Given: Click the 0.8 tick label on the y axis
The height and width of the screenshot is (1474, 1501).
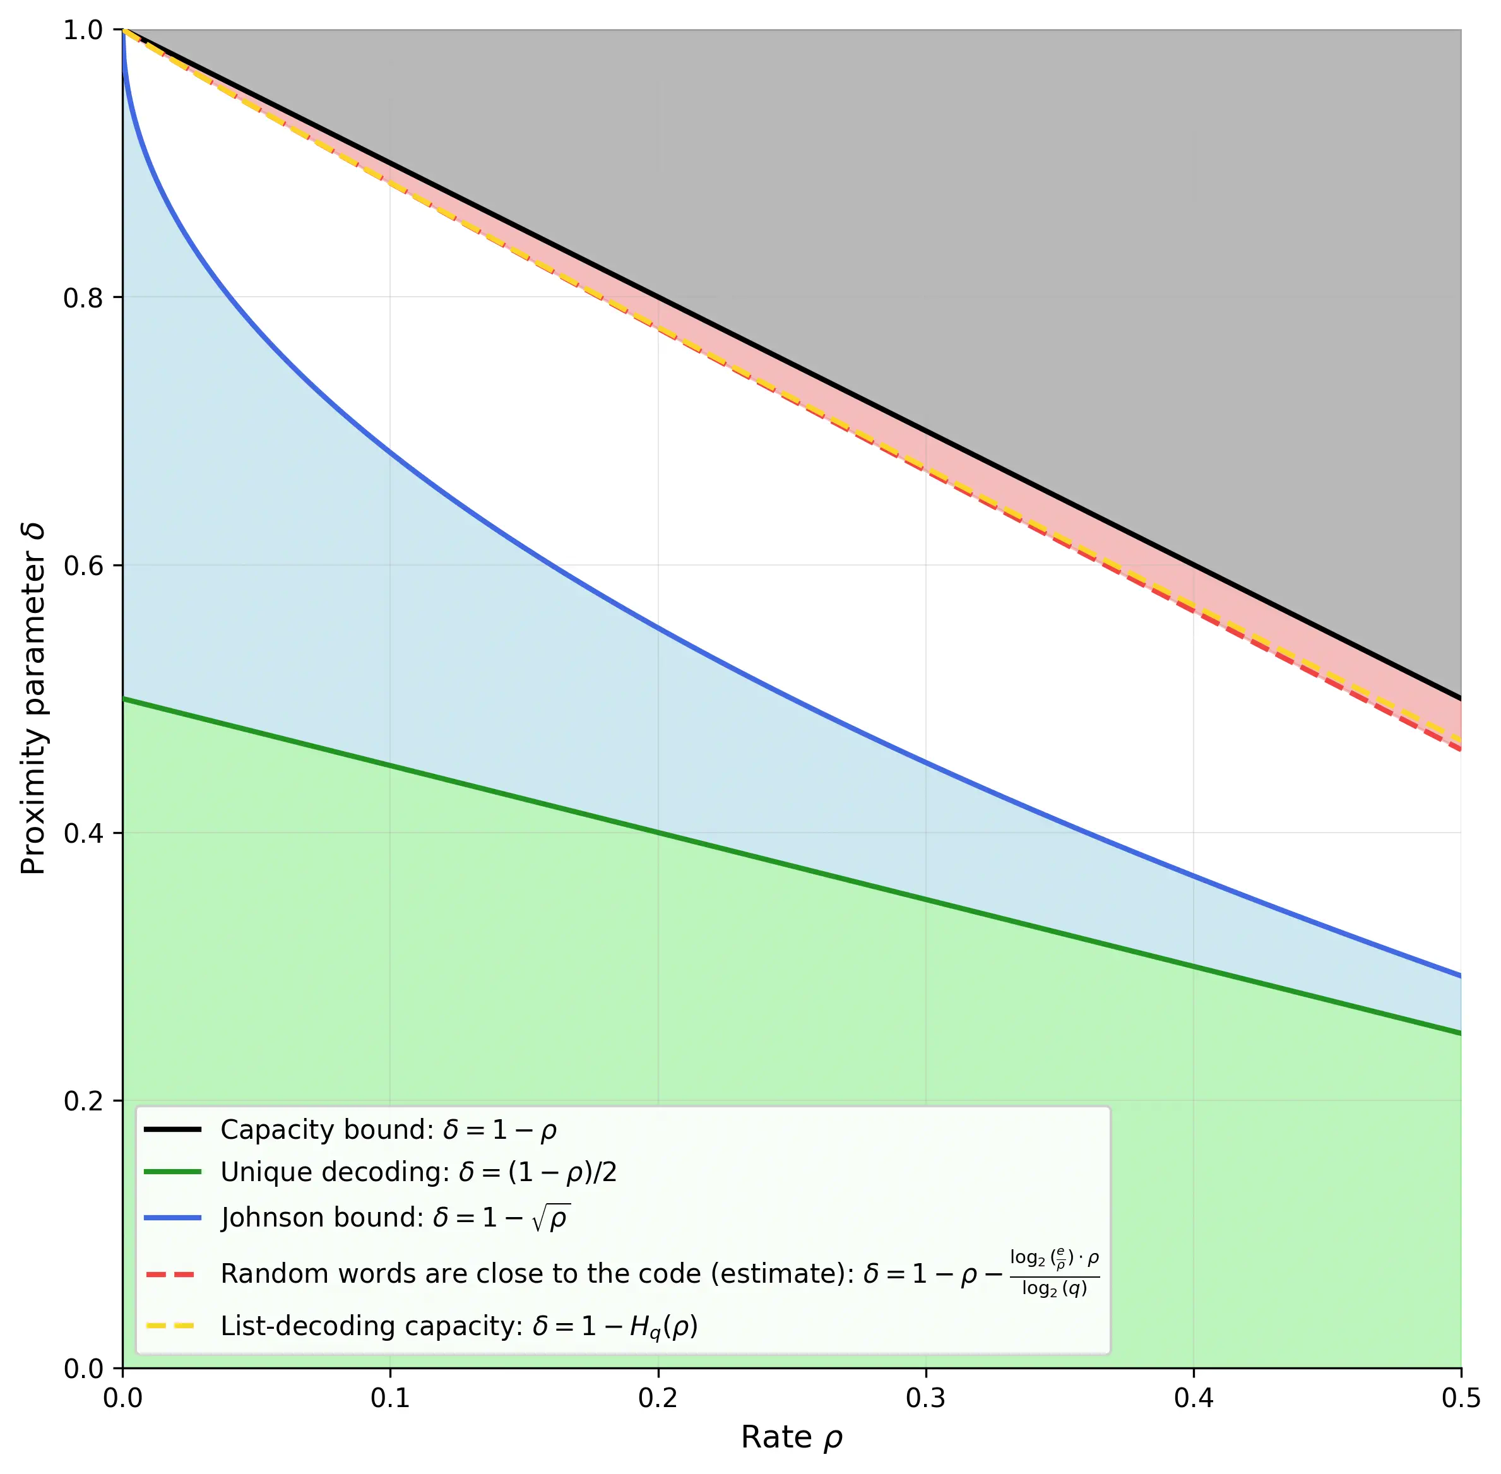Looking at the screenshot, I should pyautogui.click(x=83, y=298).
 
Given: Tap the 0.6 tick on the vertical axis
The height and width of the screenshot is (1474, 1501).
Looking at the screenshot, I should pyautogui.click(x=83, y=566).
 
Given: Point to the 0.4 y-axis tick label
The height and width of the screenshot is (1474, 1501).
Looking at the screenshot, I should pyautogui.click(x=83, y=834).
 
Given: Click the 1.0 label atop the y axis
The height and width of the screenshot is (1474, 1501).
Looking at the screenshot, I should pyautogui.click(x=83, y=31).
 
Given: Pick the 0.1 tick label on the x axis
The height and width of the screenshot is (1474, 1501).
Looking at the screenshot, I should pyautogui.click(x=390, y=1398).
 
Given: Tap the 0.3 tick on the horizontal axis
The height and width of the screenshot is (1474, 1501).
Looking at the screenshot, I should pyautogui.click(x=926, y=1398).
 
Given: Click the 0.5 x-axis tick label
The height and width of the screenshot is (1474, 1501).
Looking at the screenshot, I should pyautogui.click(x=1461, y=1398).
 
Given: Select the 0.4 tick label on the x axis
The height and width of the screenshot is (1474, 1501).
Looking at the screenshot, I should pyautogui.click(x=1194, y=1398).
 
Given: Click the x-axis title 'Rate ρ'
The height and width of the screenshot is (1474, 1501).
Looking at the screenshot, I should pyautogui.click(x=791, y=1437).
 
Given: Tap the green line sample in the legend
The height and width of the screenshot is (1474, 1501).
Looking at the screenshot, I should pyautogui.click(x=172, y=1173).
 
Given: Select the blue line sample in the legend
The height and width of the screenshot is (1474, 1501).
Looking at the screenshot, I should pyautogui.click(x=172, y=1218).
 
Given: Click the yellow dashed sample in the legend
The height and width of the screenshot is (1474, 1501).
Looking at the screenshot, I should pyautogui.click(x=172, y=1326).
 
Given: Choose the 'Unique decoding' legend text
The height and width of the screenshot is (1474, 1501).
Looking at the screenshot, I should pyautogui.click(x=335, y=1173).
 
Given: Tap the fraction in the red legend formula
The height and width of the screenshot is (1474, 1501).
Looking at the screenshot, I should pyautogui.click(x=1054, y=1273).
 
